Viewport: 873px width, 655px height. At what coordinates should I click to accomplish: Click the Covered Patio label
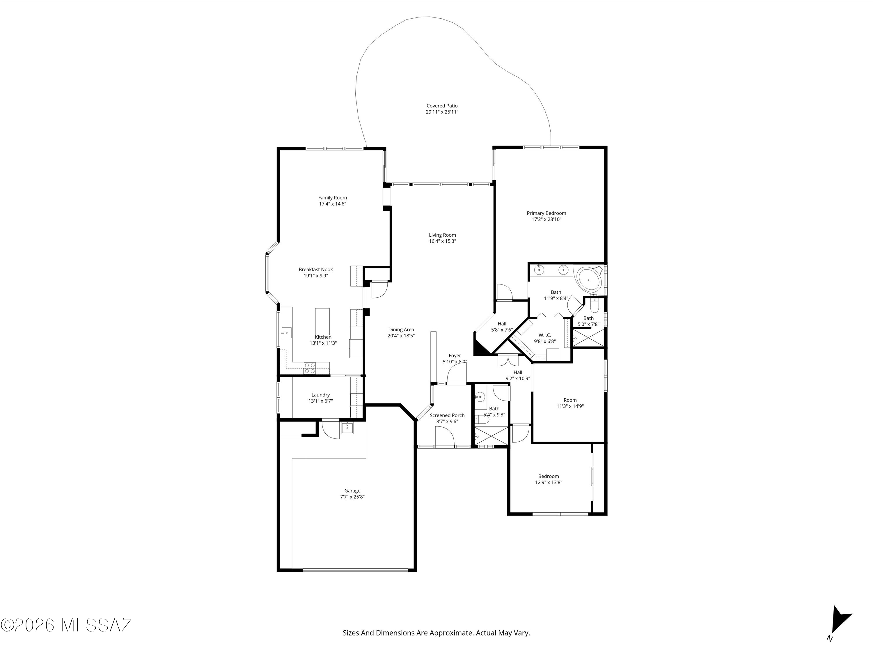click(x=442, y=106)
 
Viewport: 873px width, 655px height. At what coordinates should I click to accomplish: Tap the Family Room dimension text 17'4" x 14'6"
click(x=333, y=204)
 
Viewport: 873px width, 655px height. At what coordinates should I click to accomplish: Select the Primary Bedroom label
click(x=546, y=213)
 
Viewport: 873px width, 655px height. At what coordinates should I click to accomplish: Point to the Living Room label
click(x=442, y=235)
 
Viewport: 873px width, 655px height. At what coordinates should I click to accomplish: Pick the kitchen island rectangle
click(x=322, y=321)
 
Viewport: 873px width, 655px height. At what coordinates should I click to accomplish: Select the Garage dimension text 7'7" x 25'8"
click(x=352, y=497)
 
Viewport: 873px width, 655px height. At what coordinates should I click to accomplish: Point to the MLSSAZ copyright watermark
click(x=66, y=625)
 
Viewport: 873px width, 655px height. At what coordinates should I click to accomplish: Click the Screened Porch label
click(x=447, y=415)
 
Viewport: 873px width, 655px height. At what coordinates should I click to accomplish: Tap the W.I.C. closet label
click(x=545, y=335)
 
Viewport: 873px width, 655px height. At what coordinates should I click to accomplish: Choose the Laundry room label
click(x=320, y=395)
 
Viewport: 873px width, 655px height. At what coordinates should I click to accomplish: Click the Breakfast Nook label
click(x=316, y=270)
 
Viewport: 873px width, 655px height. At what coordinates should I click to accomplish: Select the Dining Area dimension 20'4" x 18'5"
click(x=401, y=336)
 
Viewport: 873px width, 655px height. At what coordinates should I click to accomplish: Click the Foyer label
click(x=455, y=355)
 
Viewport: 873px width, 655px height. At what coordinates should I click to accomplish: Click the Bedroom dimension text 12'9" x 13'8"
click(x=549, y=482)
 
